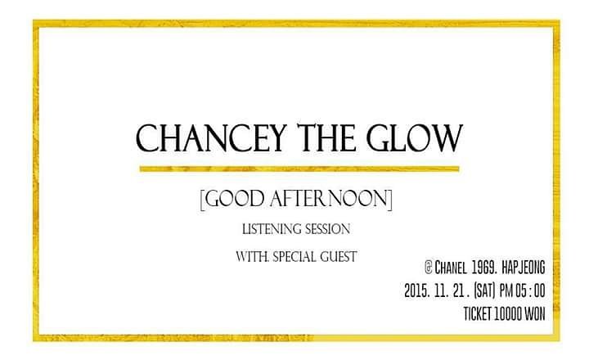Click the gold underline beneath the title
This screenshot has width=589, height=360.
299,169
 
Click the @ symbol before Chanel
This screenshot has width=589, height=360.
429,267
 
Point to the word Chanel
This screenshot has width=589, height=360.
456,267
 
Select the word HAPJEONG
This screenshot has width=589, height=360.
542,267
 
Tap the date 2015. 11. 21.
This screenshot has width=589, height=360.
440,289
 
